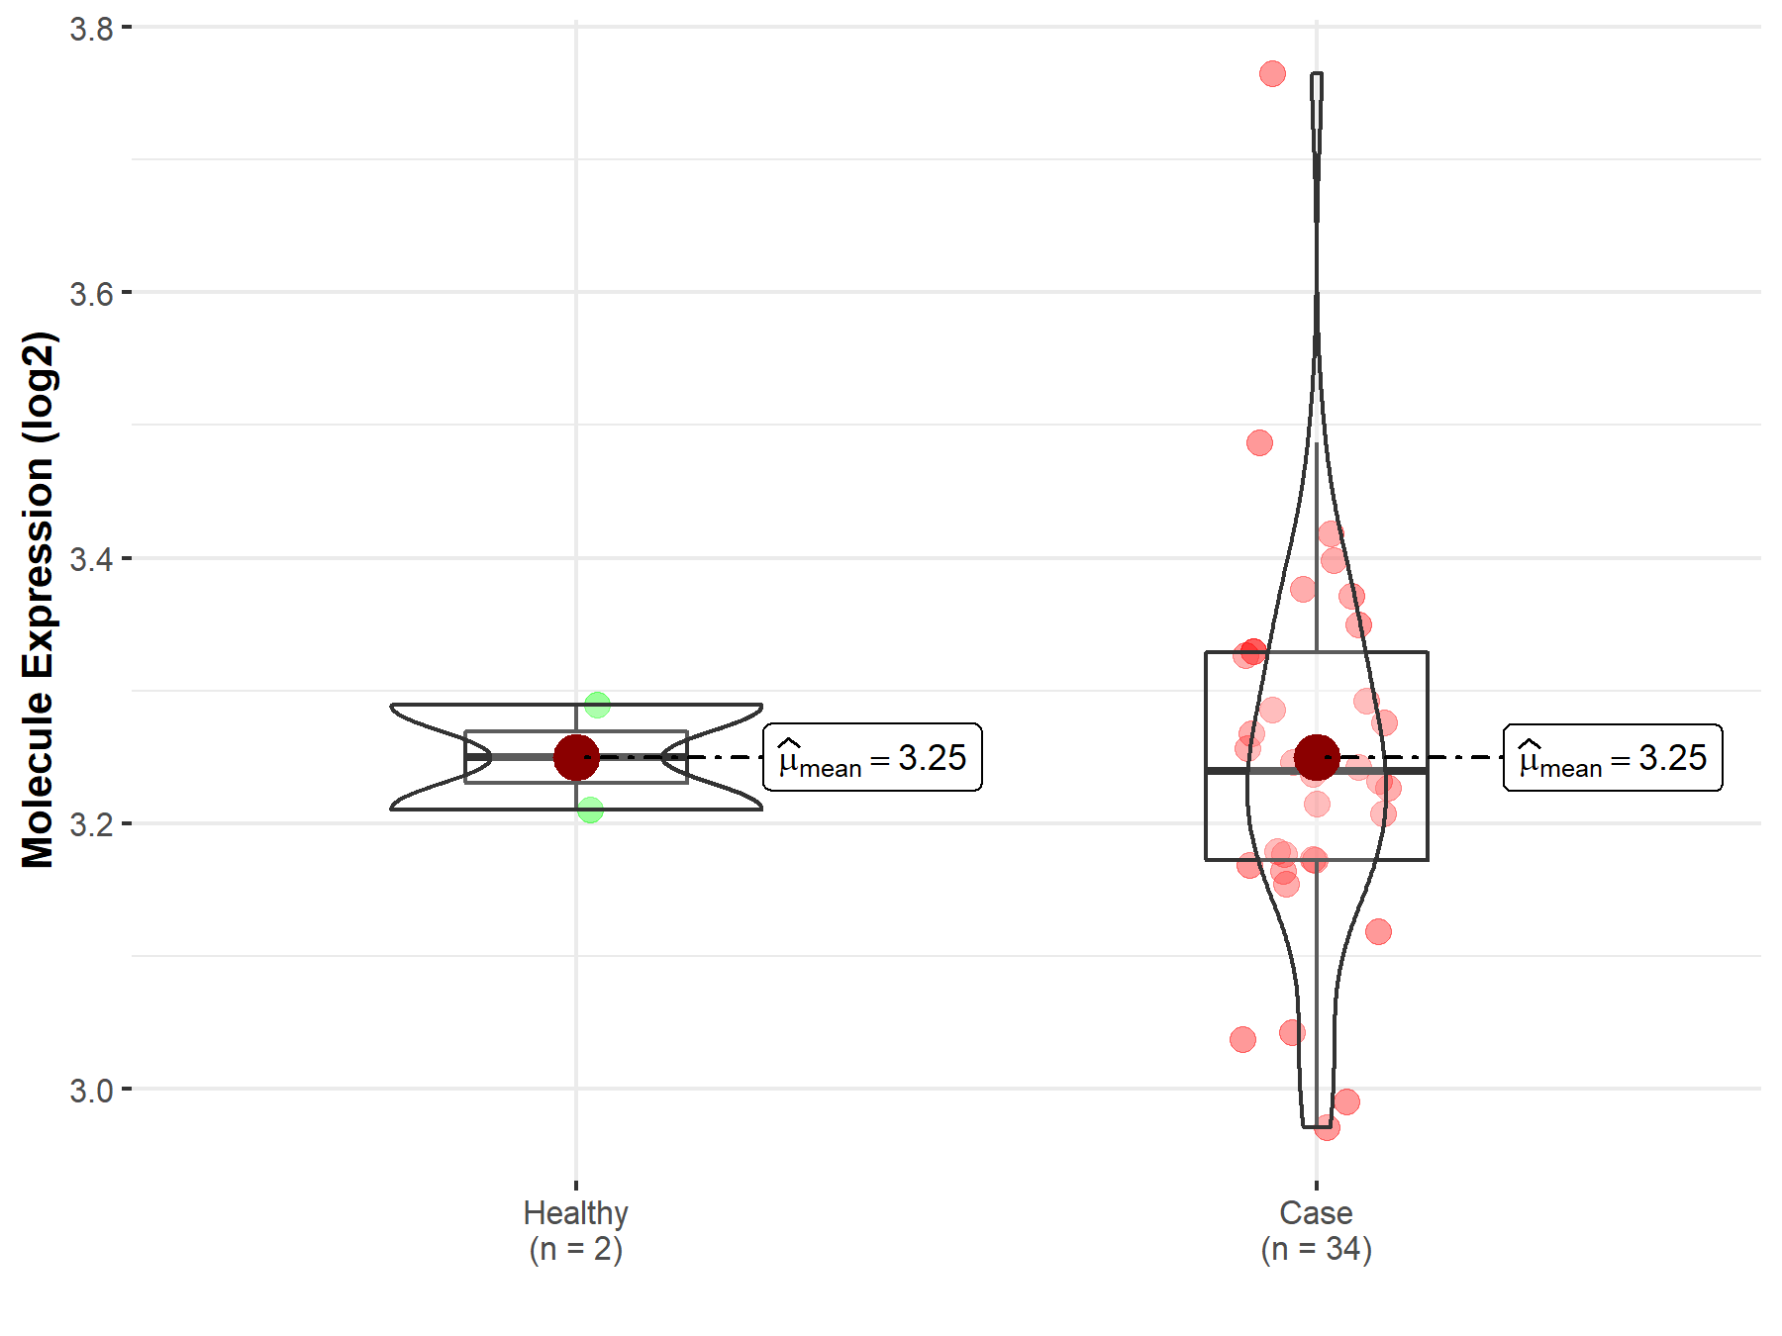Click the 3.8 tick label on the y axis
[x=91, y=29]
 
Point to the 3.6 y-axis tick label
[x=91, y=294]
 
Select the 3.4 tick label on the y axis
[x=91, y=559]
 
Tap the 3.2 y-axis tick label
[x=91, y=824]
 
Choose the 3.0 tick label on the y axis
[x=91, y=1091]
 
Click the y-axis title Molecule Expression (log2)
[x=39, y=600]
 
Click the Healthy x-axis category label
[x=576, y=1213]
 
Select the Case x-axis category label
[x=1316, y=1212]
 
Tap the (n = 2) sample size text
[x=576, y=1250]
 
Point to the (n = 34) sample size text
[x=1317, y=1250]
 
